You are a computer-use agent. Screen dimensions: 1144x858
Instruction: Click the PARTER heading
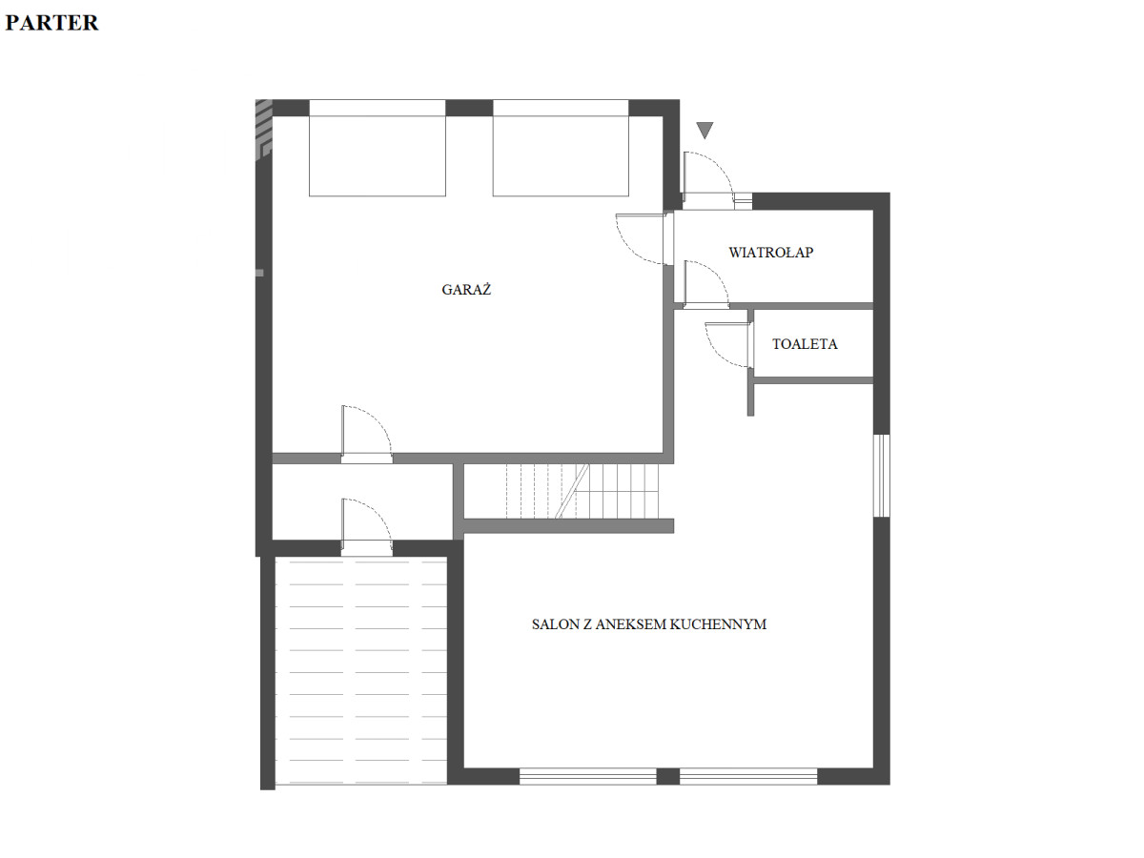pyautogui.click(x=51, y=23)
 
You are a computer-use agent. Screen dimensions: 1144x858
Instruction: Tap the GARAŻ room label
pyautogui.click(x=466, y=289)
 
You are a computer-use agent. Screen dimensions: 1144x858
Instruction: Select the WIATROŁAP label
pyautogui.click(x=771, y=252)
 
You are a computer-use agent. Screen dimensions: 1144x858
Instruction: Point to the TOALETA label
pyautogui.click(x=805, y=344)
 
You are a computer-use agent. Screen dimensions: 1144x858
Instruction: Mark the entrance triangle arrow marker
pyautogui.click(x=705, y=131)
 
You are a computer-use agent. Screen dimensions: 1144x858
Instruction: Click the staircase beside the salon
pyautogui.click(x=582, y=491)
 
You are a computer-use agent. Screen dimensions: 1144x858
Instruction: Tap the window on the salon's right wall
pyautogui.click(x=881, y=475)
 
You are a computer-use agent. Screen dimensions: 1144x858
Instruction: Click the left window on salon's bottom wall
pyautogui.click(x=588, y=776)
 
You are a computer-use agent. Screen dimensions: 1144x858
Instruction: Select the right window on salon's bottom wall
pyautogui.click(x=748, y=776)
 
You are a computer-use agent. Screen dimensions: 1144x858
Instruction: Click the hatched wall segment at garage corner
pyautogui.click(x=263, y=130)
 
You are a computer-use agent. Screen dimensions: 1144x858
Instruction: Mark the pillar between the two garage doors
pyautogui.click(x=469, y=108)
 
